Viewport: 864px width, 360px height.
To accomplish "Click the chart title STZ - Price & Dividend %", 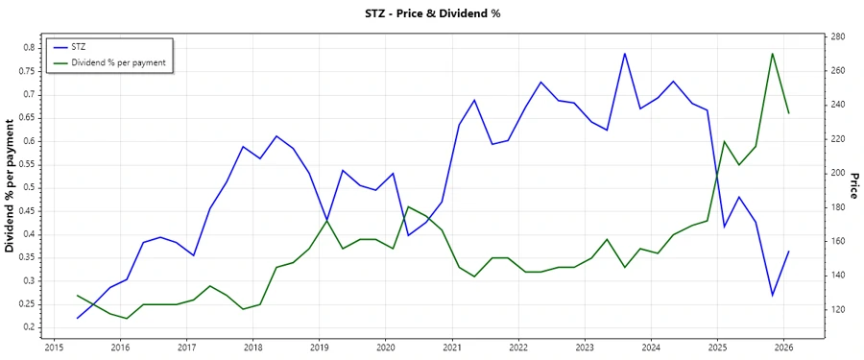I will click(x=432, y=13).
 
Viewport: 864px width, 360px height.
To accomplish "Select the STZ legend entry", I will click(x=79, y=46).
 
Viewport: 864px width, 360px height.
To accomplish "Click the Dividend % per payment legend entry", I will click(x=119, y=62).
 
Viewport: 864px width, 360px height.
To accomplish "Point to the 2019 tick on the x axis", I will click(x=319, y=347).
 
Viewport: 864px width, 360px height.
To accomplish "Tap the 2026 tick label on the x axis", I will click(x=783, y=347).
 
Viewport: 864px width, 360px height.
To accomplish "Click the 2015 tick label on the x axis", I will click(x=54, y=347).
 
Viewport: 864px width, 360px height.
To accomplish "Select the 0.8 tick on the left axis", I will click(x=29, y=47).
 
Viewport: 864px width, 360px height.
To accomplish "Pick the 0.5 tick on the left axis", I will click(x=29, y=187).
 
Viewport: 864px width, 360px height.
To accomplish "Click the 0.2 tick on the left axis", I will click(x=29, y=326).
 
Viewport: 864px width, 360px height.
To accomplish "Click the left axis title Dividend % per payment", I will click(x=10, y=187).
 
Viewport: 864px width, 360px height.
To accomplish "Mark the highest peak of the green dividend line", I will click(x=773, y=54).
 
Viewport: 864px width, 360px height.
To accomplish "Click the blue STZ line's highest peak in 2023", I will click(x=624, y=54).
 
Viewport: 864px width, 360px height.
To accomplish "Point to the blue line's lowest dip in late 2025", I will click(x=772, y=295).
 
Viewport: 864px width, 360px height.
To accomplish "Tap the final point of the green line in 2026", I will click(x=789, y=113).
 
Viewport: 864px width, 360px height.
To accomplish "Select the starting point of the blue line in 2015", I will click(x=77, y=318).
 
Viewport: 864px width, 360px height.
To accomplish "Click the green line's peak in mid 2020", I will click(x=408, y=206).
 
